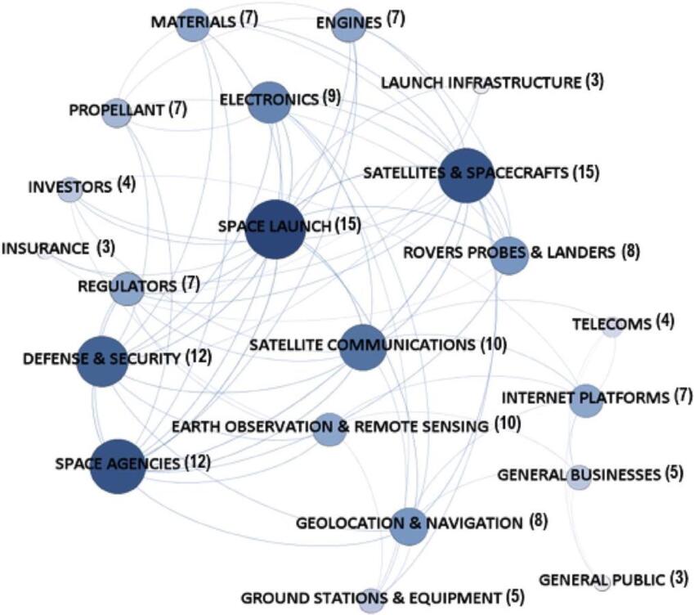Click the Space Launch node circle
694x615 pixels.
coord(275,229)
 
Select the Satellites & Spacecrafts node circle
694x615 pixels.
coord(467,176)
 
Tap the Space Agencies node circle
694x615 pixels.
coord(118,466)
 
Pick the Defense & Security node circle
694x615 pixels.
coord(103,361)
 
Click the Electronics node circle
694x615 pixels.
coord(270,102)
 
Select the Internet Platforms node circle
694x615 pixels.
coord(585,401)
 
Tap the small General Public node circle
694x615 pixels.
coord(602,583)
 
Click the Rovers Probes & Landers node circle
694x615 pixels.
coord(509,255)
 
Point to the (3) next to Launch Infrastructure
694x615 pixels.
coord(594,81)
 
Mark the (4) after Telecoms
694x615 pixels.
coord(665,321)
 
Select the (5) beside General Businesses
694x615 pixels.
coord(674,474)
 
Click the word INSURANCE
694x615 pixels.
coord(45,248)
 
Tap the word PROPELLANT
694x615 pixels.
coord(117,110)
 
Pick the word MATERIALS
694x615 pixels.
coord(193,21)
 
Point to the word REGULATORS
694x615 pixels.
coord(127,286)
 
